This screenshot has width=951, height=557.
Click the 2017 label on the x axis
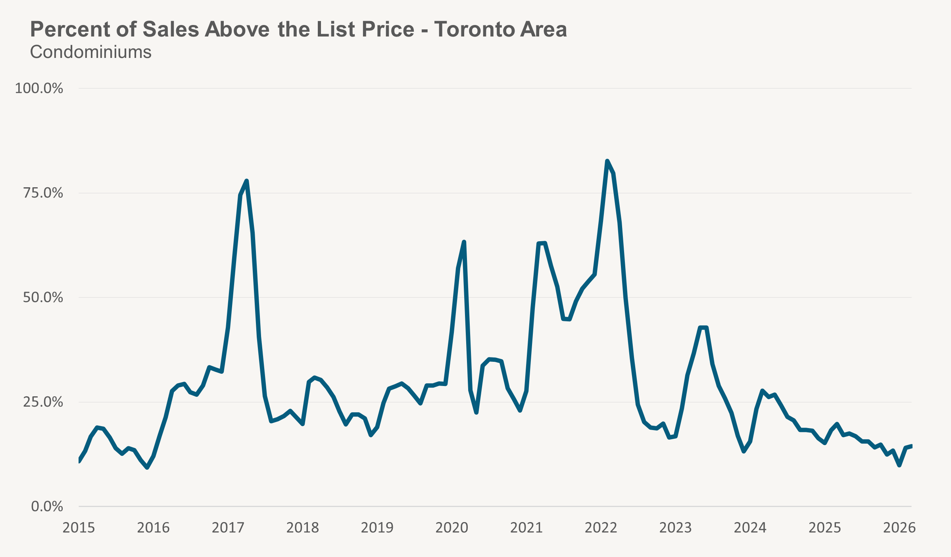click(228, 528)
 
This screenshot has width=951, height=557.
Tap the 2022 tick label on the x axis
click(601, 528)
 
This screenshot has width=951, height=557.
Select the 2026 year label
click(899, 528)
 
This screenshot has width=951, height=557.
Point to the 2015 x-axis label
click(79, 528)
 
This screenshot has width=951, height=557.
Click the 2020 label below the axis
click(451, 528)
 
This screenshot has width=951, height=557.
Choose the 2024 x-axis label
click(750, 528)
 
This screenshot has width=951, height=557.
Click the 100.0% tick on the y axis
click(39, 88)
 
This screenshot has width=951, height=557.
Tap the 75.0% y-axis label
click(43, 193)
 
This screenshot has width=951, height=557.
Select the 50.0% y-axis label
click(43, 298)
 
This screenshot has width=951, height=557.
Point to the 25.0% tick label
click(43, 402)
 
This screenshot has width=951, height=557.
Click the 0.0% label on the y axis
click(47, 507)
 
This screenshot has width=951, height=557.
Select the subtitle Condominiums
click(90, 52)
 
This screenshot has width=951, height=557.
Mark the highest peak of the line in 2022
click(607, 161)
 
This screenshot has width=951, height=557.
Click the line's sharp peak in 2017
click(247, 181)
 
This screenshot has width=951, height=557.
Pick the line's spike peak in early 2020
click(464, 242)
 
